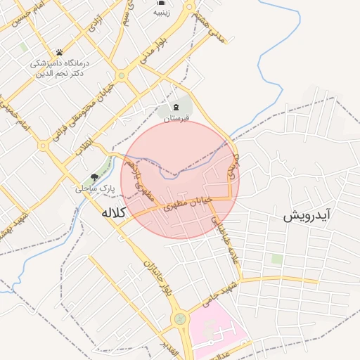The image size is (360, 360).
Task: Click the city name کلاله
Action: click(113, 212)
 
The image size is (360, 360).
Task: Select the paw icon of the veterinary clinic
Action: click(59, 52)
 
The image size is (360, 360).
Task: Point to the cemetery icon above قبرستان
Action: click(172, 108)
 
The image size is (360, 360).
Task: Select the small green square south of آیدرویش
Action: click(277, 259)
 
